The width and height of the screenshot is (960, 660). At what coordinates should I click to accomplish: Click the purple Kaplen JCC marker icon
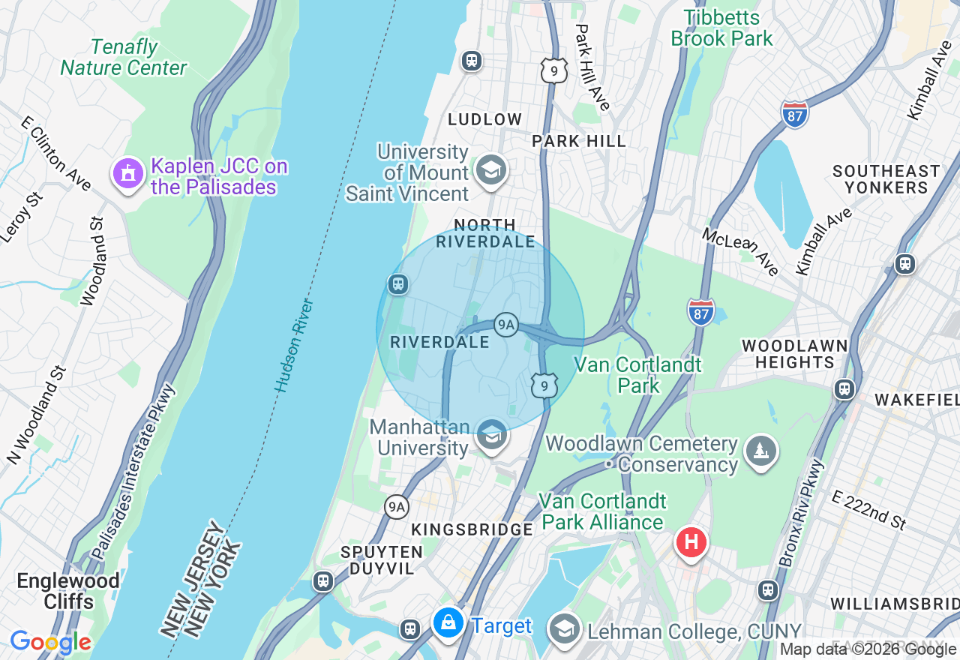(x=128, y=174)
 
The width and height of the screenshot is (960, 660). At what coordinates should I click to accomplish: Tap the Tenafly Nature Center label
(x=124, y=58)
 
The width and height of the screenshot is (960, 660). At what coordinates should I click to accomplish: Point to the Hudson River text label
(x=293, y=346)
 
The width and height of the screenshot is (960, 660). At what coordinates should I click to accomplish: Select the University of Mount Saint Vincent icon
(x=491, y=170)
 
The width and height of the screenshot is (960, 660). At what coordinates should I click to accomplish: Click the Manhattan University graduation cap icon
(x=491, y=435)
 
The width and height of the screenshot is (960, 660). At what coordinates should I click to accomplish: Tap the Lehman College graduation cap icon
(x=564, y=628)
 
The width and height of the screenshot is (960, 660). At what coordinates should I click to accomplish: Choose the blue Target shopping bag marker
(x=448, y=623)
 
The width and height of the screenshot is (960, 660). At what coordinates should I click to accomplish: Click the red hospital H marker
(x=691, y=541)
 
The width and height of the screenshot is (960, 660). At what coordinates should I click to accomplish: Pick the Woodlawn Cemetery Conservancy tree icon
(x=761, y=451)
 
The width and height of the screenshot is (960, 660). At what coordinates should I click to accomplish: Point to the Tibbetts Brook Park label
(x=721, y=28)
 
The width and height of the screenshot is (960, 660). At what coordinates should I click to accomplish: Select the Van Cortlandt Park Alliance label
(x=602, y=511)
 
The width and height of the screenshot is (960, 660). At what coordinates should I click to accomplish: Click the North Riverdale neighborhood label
(x=485, y=233)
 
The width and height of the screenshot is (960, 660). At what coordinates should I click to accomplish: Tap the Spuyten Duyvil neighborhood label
(x=382, y=560)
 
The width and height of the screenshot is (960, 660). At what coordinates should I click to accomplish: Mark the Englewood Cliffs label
(x=68, y=591)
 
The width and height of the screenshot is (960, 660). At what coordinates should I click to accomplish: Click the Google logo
(x=50, y=643)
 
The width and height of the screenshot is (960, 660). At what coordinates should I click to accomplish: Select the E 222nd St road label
(x=869, y=511)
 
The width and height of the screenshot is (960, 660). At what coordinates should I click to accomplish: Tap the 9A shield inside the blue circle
(x=506, y=324)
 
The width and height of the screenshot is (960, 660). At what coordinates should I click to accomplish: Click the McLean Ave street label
(x=741, y=251)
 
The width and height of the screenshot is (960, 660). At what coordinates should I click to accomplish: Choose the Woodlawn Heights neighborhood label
(x=794, y=354)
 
